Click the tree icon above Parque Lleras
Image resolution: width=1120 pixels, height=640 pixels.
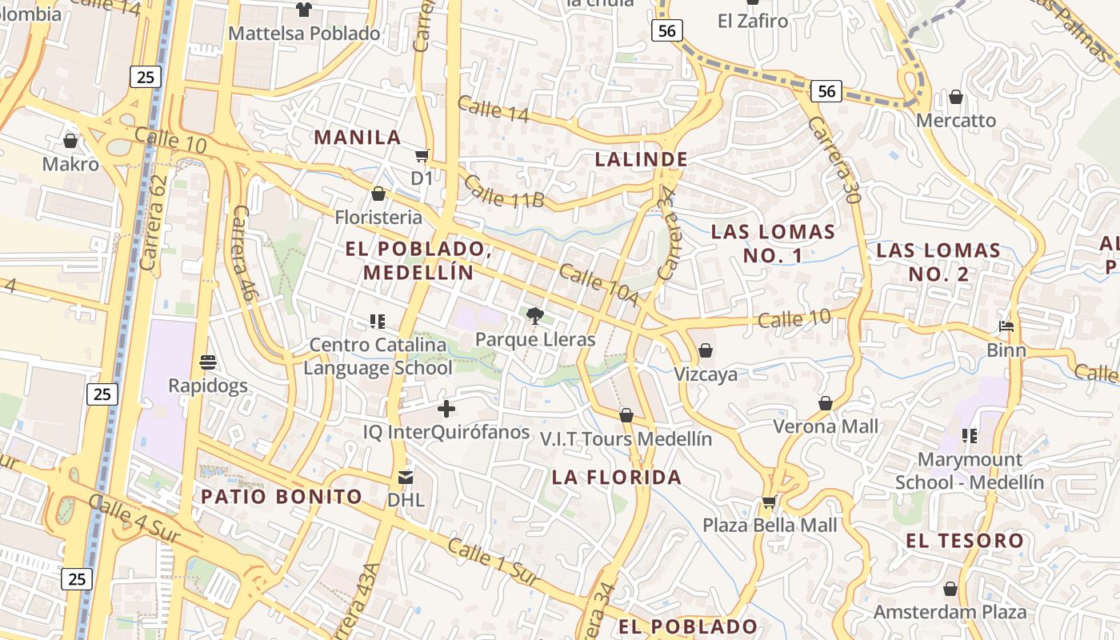(534, 316)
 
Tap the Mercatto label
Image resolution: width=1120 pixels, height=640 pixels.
(956, 120)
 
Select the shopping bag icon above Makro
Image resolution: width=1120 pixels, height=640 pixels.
(70, 142)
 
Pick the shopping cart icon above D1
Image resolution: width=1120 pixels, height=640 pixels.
(422, 155)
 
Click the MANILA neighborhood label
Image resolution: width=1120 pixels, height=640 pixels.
(357, 137)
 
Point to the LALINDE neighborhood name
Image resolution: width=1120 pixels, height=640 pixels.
(641, 159)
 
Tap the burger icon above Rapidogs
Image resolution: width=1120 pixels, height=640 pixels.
(208, 362)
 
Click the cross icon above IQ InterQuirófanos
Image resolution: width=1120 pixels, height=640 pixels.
(446, 410)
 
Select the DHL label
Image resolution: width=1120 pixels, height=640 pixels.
(406, 500)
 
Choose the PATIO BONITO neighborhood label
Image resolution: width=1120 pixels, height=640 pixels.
(282, 496)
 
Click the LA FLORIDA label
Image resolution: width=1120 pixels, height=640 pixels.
(617, 477)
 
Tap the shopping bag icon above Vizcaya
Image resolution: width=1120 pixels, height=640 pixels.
(706, 350)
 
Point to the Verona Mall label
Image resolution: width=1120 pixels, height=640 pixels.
(826, 426)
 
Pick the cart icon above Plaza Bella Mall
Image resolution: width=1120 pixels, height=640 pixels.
(770, 502)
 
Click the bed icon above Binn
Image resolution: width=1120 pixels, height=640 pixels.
(1006, 326)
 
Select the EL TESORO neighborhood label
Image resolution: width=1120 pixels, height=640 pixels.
(965, 541)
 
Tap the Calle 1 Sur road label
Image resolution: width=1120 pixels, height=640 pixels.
(494, 561)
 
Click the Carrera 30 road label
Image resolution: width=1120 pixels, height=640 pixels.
(833, 159)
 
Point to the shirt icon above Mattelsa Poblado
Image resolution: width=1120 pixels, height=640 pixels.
(304, 10)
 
